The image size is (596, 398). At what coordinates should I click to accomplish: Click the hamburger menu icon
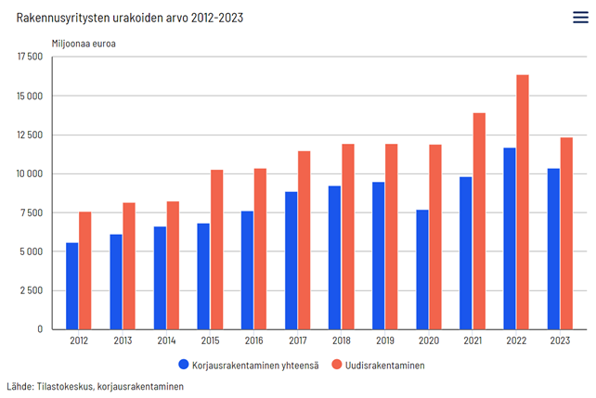tap(579, 17)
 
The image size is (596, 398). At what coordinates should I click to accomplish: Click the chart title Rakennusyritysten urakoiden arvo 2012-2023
tap(130, 18)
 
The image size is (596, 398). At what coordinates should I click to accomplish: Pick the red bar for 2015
tap(216, 250)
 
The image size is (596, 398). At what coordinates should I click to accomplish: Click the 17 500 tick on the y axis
tap(31, 58)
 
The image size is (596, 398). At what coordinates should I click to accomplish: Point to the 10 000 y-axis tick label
tap(31, 174)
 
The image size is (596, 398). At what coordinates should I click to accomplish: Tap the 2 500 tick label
tap(33, 290)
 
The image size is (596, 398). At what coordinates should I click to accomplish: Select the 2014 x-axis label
tap(166, 341)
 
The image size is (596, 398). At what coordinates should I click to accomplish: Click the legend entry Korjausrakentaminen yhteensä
tap(256, 366)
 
